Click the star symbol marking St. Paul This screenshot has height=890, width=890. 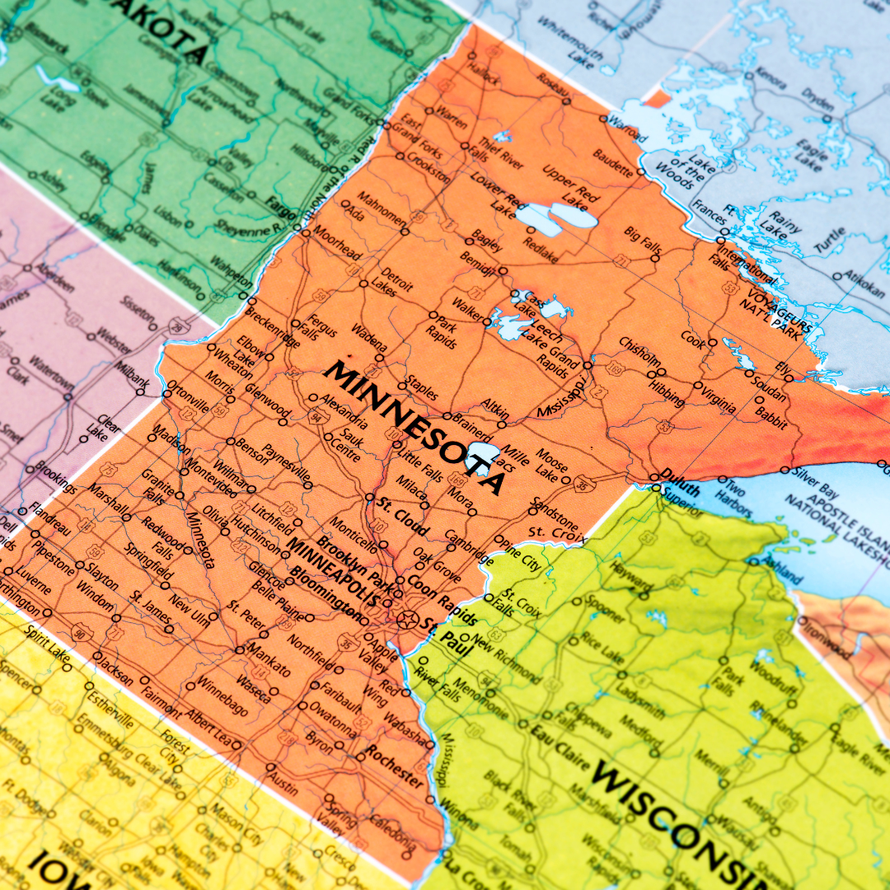coord(405,617)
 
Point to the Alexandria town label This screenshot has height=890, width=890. coord(341,407)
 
